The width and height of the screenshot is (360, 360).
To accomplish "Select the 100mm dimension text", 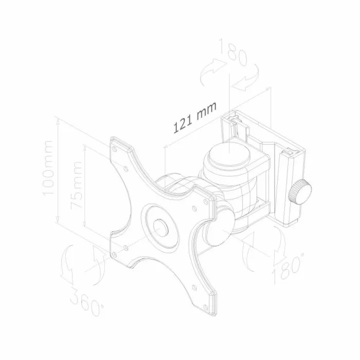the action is coord(48,168).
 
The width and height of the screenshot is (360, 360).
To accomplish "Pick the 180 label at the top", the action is coord(233,51).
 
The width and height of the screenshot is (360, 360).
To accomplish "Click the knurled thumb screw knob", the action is coord(300,192).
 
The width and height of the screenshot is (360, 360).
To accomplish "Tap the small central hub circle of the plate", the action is coord(160,227).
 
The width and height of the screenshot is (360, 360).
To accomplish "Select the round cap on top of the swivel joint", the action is coord(229,155).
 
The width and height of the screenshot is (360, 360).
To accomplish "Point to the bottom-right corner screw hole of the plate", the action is coord(206,307).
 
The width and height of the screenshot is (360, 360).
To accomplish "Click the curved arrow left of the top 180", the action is coord(213,71).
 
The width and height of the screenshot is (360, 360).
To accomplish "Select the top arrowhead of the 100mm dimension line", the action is coord(58,122).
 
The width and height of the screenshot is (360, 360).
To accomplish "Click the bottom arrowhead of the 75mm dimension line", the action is coord(85,224).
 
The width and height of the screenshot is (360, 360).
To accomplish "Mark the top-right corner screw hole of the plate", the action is coord(206,202).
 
